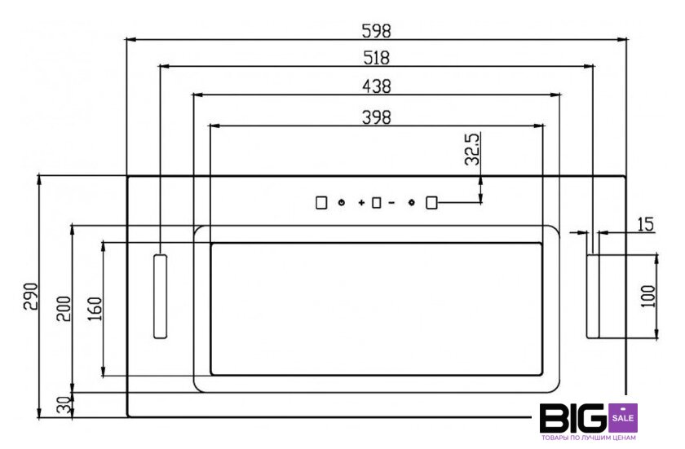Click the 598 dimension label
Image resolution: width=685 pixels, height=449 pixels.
[x=376, y=30]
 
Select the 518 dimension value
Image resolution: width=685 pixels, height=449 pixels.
[x=376, y=58]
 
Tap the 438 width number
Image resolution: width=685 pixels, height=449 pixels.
[x=377, y=86]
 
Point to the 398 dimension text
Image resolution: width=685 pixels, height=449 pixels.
[x=377, y=117]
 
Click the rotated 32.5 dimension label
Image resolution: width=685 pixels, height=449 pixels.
[x=472, y=149]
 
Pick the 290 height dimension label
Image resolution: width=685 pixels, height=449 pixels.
[x=31, y=297]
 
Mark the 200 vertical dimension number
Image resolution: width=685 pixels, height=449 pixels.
[x=64, y=309]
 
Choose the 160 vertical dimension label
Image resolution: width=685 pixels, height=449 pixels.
[x=95, y=309]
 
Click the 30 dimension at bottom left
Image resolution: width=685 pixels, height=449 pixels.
[x=64, y=405]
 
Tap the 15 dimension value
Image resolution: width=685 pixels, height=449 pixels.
[x=646, y=224]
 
